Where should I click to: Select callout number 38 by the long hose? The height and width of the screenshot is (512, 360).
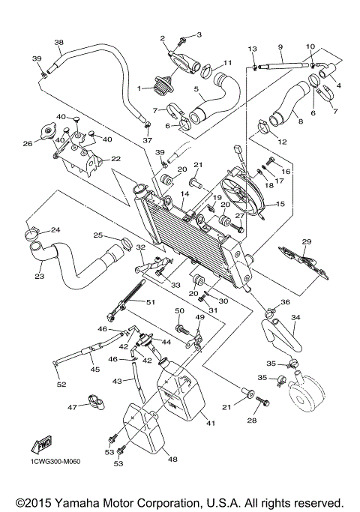(x=59, y=43)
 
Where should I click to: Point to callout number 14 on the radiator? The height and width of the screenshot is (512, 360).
(x=184, y=194)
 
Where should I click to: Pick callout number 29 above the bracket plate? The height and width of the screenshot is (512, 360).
(x=306, y=241)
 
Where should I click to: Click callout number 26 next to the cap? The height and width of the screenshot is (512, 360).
(x=27, y=143)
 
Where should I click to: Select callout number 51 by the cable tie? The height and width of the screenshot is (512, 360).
(x=150, y=303)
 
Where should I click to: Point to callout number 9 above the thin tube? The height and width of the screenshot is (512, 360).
(x=280, y=46)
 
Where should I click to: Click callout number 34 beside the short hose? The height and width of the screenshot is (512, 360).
(x=295, y=318)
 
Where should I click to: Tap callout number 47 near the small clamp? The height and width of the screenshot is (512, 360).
(x=73, y=407)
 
